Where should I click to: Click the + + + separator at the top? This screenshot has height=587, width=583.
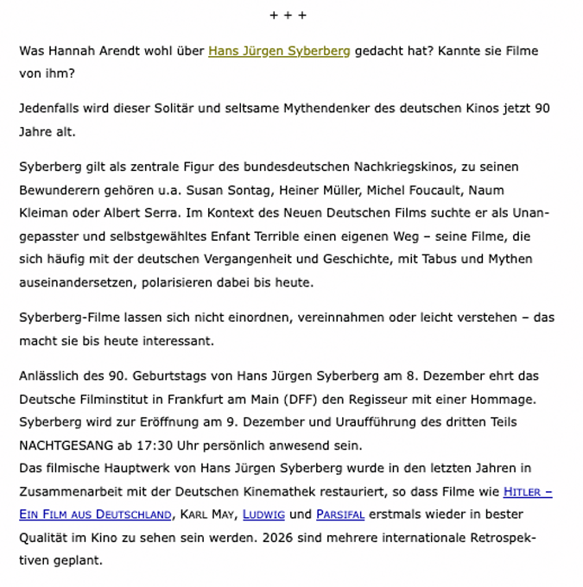288,16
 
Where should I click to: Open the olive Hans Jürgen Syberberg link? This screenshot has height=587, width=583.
279,51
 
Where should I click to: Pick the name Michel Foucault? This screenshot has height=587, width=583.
410,190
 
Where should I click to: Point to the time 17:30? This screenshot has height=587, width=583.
164,446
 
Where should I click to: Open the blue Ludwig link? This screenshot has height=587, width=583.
263,514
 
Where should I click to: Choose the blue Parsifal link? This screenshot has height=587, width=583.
340,514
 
